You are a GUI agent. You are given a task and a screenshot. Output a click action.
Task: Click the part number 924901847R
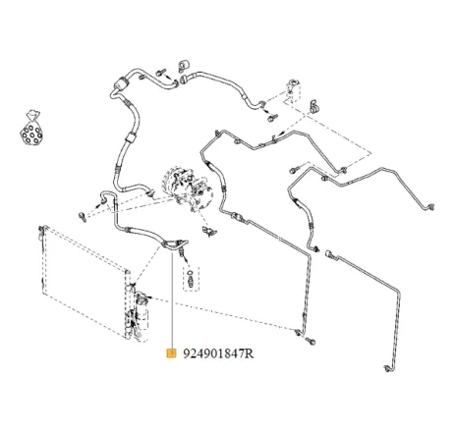click(218, 353)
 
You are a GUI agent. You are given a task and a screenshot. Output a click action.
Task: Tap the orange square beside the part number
click(171, 353)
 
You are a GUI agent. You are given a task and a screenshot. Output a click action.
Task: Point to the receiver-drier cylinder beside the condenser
click(142, 316)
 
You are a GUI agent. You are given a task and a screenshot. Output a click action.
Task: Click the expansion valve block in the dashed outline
click(291, 88)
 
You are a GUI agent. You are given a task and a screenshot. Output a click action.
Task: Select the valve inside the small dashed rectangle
click(191, 279)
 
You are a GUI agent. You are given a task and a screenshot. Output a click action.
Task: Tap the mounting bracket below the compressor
click(209, 232)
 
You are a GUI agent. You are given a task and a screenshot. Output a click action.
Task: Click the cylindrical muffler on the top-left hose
click(120, 82)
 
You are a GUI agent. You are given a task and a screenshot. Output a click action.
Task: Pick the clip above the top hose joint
click(184, 66)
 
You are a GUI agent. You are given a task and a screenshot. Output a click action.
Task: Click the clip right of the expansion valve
click(314, 106)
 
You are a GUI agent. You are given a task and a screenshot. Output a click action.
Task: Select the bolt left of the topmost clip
click(160, 73)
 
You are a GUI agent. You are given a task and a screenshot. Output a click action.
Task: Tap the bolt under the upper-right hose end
click(272, 117)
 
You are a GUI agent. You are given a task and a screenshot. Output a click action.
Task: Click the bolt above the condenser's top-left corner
click(83, 217)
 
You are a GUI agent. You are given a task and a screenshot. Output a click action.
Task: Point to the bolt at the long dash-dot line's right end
click(311, 342)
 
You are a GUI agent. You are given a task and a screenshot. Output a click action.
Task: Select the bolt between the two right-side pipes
click(294, 170)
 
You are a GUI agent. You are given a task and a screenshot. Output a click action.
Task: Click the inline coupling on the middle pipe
click(238, 217)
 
